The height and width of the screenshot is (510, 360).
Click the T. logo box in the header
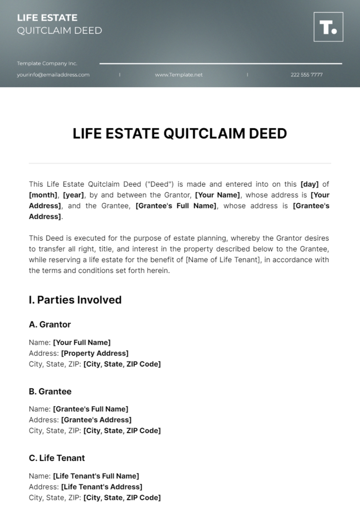click(328, 27)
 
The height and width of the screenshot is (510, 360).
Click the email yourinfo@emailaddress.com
click(53, 75)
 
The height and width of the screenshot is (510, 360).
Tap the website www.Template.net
click(179, 75)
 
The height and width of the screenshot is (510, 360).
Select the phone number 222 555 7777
click(307, 75)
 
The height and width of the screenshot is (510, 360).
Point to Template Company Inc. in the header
click(47, 64)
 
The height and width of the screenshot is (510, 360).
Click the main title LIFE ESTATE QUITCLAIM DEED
click(180, 134)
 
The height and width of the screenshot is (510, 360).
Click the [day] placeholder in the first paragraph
click(309, 184)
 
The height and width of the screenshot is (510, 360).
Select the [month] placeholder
click(43, 195)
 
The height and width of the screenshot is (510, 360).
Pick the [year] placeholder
click(74, 195)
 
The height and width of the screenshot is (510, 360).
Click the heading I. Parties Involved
click(75, 300)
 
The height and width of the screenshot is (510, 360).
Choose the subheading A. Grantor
click(50, 324)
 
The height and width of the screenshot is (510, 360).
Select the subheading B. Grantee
click(50, 391)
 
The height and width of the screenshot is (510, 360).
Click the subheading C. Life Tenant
click(57, 458)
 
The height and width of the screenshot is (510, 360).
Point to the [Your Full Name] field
click(82, 342)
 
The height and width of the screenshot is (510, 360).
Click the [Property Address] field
click(95, 353)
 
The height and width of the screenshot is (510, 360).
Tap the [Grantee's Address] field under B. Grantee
click(96, 420)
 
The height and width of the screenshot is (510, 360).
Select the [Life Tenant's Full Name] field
click(96, 476)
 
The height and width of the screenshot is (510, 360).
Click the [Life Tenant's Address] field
click(102, 487)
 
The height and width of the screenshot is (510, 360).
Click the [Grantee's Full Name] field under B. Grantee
click(91, 409)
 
